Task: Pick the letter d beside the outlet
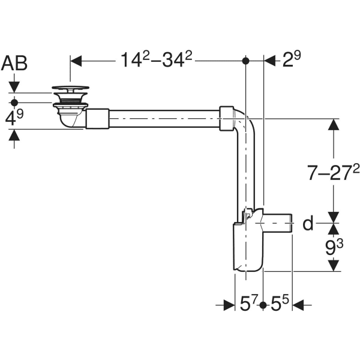coord(308,224)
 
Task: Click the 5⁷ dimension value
coord(248,305)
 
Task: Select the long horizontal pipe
coord(162,118)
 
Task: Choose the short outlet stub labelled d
coord(280,225)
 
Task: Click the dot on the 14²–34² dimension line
coord(245,61)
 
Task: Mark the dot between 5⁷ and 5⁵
coord(263,305)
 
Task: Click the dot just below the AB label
coord(14,103)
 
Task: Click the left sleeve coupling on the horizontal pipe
coord(97,118)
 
